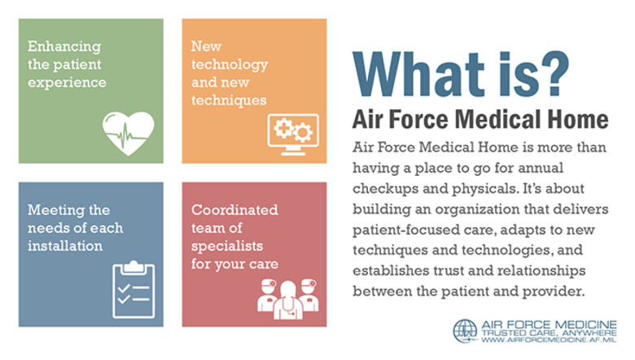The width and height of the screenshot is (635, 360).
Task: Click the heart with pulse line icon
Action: [x=128, y=130]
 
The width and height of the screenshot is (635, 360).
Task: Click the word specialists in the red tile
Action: [x=223, y=245]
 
